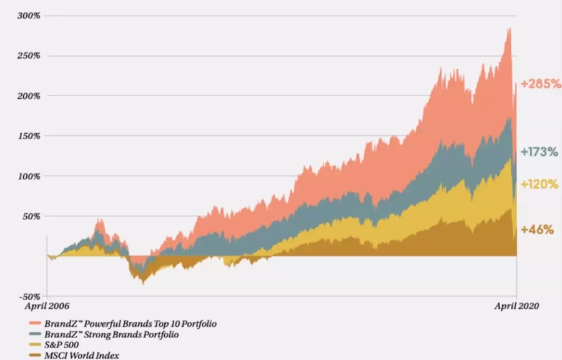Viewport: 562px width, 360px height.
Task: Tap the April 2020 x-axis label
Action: [x=515, y=307]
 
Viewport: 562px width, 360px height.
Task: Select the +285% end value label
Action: [x=541, y=84]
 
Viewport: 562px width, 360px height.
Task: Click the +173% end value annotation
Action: [x=539, y=152]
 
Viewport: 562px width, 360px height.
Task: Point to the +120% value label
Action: [x=539, y=184]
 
